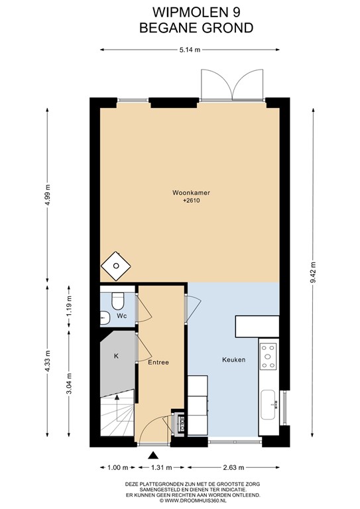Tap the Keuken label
[234, 360]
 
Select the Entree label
[158, 363]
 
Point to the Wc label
[122, 316]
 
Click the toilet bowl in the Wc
[117, 301]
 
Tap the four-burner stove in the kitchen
[269, 357]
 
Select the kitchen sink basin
[268, 404]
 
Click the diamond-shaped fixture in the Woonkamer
[116, 266]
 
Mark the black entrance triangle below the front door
[153, 455]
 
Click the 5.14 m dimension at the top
[190, 50]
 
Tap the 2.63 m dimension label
[234, 467]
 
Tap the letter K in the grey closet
[116, 356]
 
